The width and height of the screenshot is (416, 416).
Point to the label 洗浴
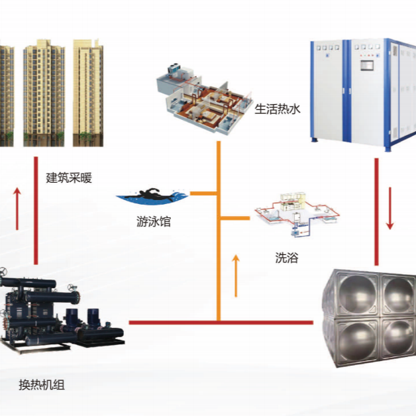(286, 257)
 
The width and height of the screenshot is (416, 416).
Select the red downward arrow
(390, 209)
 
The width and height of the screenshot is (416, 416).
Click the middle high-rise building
(43, 92)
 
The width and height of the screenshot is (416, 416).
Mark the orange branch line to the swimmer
(204, 193)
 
